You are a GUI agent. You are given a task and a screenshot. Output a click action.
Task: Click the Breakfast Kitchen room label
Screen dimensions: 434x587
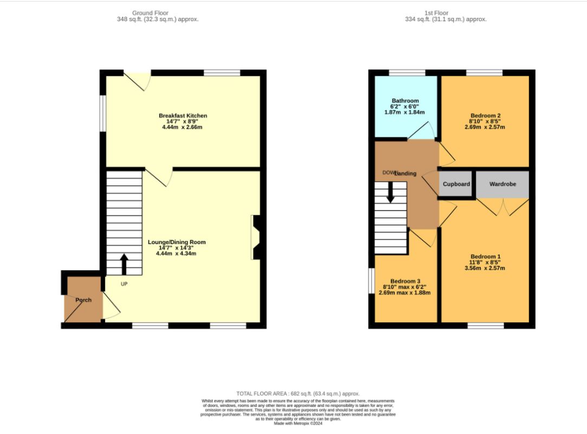[x=183, y=116]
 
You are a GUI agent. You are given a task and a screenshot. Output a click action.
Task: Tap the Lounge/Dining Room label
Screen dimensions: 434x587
[x=177, y=242]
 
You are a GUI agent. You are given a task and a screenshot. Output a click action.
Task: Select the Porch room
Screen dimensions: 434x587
[x=83, y=300]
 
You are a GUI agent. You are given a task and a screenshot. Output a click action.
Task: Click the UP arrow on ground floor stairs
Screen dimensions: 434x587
[x=124, y=264]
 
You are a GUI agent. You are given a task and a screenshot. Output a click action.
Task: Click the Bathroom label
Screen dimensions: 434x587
[x=405, y=101]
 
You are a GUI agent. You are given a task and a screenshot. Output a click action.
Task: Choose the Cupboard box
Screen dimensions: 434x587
[x=456, y=184]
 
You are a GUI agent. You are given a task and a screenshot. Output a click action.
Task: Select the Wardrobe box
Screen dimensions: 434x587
[x=502, y=184]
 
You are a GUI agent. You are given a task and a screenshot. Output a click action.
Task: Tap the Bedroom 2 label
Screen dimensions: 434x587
[x=485, y=116]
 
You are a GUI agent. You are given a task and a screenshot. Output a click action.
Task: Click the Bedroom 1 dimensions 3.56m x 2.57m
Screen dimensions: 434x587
[x=485, y=268]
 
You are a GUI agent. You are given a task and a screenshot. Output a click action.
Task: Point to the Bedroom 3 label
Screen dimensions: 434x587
[x=405, y=281]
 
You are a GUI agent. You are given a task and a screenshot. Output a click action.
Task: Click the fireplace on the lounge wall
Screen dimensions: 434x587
[x=256, y=237]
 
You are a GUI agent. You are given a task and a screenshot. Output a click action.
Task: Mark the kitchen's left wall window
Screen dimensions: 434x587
[x=102, y=113]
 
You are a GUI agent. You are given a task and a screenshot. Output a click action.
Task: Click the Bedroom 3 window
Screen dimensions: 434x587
[x=371, y=281]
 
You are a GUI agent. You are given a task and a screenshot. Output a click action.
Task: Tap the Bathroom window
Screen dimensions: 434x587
[x=407, y=72]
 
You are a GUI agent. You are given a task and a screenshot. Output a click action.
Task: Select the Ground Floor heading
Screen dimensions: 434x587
[x=150, y=12]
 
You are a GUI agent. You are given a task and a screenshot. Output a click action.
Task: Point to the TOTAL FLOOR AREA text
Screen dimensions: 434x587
[x=298, y=393]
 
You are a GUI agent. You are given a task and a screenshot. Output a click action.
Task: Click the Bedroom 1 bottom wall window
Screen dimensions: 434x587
[x=486, y=325]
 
